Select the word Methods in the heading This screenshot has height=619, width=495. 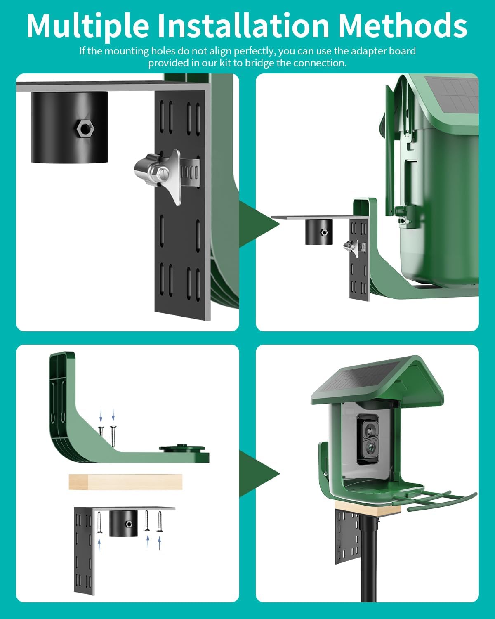(403, 26)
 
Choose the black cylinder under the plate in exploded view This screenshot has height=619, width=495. (123, 523)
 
